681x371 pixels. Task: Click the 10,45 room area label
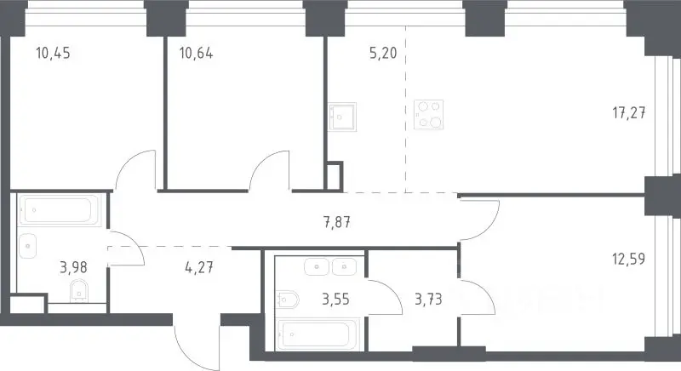tap(53, 54)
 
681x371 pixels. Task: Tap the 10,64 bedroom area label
tap(196, 54)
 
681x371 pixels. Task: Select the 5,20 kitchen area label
tap(383, 54)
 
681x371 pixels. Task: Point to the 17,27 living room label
tap(629, 113)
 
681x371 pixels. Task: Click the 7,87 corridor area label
tap(337, 223)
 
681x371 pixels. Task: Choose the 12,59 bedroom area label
tap(628, 259)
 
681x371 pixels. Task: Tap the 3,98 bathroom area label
tap(73, 267)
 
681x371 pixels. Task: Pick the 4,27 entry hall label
tap(199, 267)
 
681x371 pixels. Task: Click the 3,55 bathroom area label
tap(335, 300)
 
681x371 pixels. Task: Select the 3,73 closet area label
tap(428, 300)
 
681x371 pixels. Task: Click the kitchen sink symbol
tap(342, 117)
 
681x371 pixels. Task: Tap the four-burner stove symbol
tap(429, 115)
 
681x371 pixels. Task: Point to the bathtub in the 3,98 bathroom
tap(59, 210)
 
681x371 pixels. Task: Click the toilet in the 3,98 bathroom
tap(79, 291)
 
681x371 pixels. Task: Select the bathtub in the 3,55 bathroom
tap(318, 334)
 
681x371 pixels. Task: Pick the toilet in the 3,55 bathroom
tap(288, 299)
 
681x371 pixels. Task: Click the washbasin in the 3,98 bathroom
tap(28, 246)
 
